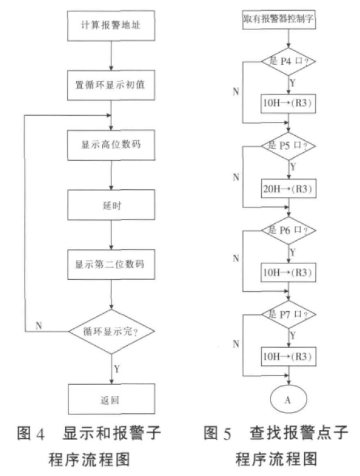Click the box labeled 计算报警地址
click(x=111, y=26)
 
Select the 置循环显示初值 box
click(x=111, y=85)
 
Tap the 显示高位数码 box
click(x=111, y=145)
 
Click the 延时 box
click(x=111, y=205)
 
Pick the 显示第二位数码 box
click(x=111, y=265)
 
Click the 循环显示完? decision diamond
click(x=111, y=331)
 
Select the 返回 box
click(x=111, y=399)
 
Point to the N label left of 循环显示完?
click(x=38, y=326)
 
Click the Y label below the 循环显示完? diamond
click(x=117, y=369)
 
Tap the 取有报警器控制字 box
click(x=279, y=19)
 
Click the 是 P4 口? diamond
click(x=289, y=62)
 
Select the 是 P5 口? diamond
click(x=289, y=146)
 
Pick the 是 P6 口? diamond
click(x=289, y=230)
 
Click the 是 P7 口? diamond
click(x=289, y=314)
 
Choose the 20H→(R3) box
click(x=289, y=189)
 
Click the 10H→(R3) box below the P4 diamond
click(x=288, y=104)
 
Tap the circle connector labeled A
click(x=288, y=399)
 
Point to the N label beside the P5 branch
click(x=236, y=177)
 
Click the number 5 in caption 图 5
click(x=227, y=434)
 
